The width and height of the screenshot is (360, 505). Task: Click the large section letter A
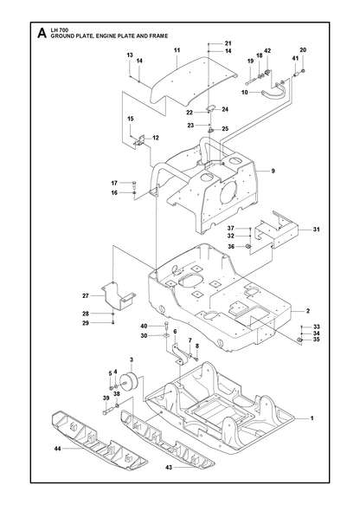pyautogui.click(x=42, y=33)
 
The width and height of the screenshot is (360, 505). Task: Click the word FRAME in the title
pyautogui.click(x=158, y=36)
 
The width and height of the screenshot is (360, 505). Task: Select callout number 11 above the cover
pyautogui.click(x=177, y=50)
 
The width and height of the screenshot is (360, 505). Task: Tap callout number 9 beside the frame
pyautogui.click(x=273, y=171)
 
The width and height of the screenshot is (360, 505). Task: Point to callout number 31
pyautogui.click(x=317, y=230)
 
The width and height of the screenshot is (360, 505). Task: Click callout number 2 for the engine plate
pyautogui.click(x=308, y=311)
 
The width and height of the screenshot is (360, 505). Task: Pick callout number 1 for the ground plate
pyautogui.click(x=312, y=418)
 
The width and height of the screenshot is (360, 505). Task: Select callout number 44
pyautogui.click(x=58, y=448)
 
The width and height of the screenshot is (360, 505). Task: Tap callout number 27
pyautogui.click(x=86, y=295)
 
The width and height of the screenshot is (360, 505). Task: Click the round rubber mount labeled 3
pyautogui.click(x=131, y=382)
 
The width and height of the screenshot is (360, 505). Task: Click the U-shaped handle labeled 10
pyautogui.click(x=274, y=92)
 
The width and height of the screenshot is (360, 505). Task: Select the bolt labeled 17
pyautogui.click(x=134, y=185)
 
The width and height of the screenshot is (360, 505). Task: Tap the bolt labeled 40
pyautogui.click(x=166, y=326)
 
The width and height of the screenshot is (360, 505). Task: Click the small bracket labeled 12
pyautogui.click(x=140, y=141)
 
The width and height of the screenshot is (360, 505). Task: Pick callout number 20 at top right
pyautogui.click(x=303, y=50)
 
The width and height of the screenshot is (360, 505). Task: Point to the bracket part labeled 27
pyautogui.click(x=119, y=295)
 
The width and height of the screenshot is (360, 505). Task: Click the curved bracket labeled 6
pyautogui.click(x=180, y=354)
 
